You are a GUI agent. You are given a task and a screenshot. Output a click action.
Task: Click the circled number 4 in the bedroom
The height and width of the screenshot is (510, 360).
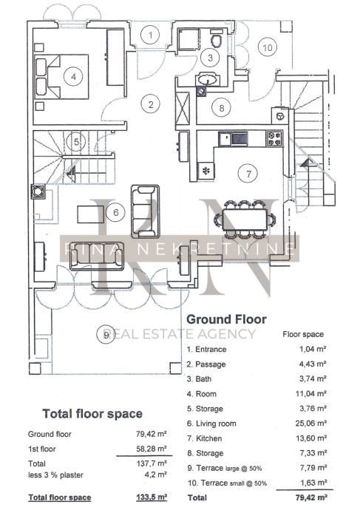coord(73,77)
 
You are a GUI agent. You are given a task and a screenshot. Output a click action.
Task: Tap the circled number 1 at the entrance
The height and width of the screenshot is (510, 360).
coord(150,35)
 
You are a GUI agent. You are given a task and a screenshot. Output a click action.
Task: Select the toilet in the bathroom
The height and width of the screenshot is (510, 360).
coord(217,39)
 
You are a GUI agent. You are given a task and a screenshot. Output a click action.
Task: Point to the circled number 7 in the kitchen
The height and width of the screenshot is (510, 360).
coord(248,174)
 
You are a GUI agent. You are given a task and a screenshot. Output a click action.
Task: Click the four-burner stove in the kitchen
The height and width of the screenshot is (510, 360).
coord(274,138)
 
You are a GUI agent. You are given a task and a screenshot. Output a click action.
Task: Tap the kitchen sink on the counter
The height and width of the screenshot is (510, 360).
coord(233,138)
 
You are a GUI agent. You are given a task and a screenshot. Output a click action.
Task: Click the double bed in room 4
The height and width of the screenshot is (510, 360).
coord(61,77)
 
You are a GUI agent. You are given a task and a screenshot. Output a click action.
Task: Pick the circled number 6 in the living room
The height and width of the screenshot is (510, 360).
coord(115,212)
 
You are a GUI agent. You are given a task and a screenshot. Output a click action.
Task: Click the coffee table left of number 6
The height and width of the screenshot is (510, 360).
coord(91,214)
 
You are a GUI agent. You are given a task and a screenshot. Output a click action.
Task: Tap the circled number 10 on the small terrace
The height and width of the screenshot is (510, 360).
coord(268,47)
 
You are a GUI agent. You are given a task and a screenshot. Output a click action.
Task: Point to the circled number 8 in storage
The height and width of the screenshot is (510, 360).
coord(222,108)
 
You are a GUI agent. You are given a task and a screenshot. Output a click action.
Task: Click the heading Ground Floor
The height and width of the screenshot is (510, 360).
coord(227,319)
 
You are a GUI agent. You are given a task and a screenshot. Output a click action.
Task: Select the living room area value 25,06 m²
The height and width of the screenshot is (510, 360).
coord(311,424)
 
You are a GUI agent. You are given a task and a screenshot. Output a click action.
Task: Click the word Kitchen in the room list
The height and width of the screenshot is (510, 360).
coord(208,438)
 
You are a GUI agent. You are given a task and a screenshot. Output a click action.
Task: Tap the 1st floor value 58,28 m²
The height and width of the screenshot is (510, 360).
coord(152,449)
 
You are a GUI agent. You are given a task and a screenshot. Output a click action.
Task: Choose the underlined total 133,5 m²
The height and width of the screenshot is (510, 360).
coord(152,497)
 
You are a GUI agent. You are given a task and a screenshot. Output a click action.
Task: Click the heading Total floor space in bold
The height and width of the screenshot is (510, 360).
coord(92,414)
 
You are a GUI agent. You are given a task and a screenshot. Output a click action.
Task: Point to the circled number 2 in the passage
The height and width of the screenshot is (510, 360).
coord(151,104)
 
